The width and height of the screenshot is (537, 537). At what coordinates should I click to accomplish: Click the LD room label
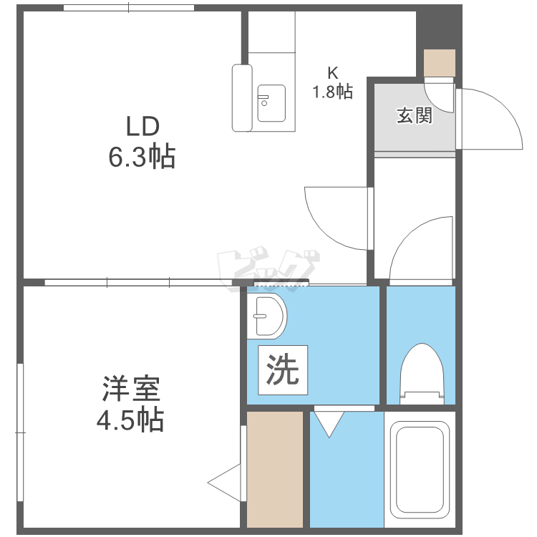click(142, 126)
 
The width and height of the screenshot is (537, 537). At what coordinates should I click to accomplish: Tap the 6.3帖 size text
click(142, 157)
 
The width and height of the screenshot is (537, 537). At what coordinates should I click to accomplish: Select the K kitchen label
click(332, 73)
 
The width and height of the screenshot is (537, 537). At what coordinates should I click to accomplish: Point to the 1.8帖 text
click(332, 92)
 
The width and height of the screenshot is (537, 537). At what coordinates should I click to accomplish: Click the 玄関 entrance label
click(415, 115)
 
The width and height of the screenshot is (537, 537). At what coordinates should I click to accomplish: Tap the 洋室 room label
click(131, 389)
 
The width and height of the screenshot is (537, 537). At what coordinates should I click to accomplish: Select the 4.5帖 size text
click(130, 420)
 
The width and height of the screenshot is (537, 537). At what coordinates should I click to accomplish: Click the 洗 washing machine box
click(283, 370)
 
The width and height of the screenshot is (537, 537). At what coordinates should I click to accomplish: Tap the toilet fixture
click(422, 374)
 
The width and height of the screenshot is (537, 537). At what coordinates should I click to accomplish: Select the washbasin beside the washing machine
click(267, 316)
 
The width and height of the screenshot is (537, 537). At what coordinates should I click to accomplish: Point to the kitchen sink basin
click(271, 103)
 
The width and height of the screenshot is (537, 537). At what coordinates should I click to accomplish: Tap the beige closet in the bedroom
click(275, 470)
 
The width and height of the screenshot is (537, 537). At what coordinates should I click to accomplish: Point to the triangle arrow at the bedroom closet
click(224, 483)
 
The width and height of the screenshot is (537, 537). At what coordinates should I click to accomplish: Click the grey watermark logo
click(268, 269)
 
